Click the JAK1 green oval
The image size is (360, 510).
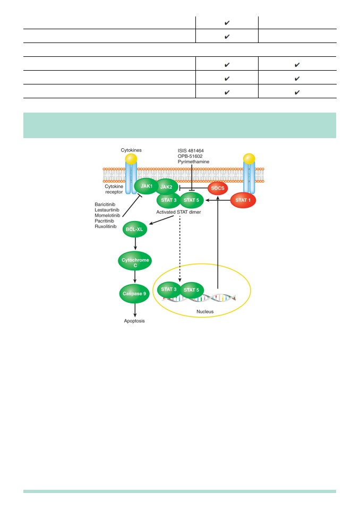tap(147, 186)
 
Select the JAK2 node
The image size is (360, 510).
tap(167, 187)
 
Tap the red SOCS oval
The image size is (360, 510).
tap(218, 188)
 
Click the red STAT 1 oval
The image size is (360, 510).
tap(243, 200)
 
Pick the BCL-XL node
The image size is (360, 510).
tap(135, 229)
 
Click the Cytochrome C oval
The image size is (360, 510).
tap(135, 261)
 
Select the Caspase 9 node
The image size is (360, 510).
tap(134, 293)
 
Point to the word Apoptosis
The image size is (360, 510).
tap(134, 321)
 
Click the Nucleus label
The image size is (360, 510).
tap(205, 312)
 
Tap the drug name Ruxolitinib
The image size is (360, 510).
tap(105, 226)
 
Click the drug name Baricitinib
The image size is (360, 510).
tap(105, 204)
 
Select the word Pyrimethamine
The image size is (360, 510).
tap(193, 161)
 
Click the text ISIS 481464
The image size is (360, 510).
tap(191, 150)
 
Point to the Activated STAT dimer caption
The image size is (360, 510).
tap(178, 212)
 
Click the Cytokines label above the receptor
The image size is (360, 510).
tap(131, 150)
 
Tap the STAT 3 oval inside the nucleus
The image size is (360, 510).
tap(169, 290)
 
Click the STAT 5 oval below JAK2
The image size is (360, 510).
tap(191, 200)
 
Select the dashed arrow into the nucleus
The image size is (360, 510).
tap(179, 249)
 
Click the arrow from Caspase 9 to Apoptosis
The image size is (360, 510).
tap(135, 310)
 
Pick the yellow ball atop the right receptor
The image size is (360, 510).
tap(249, 159)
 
